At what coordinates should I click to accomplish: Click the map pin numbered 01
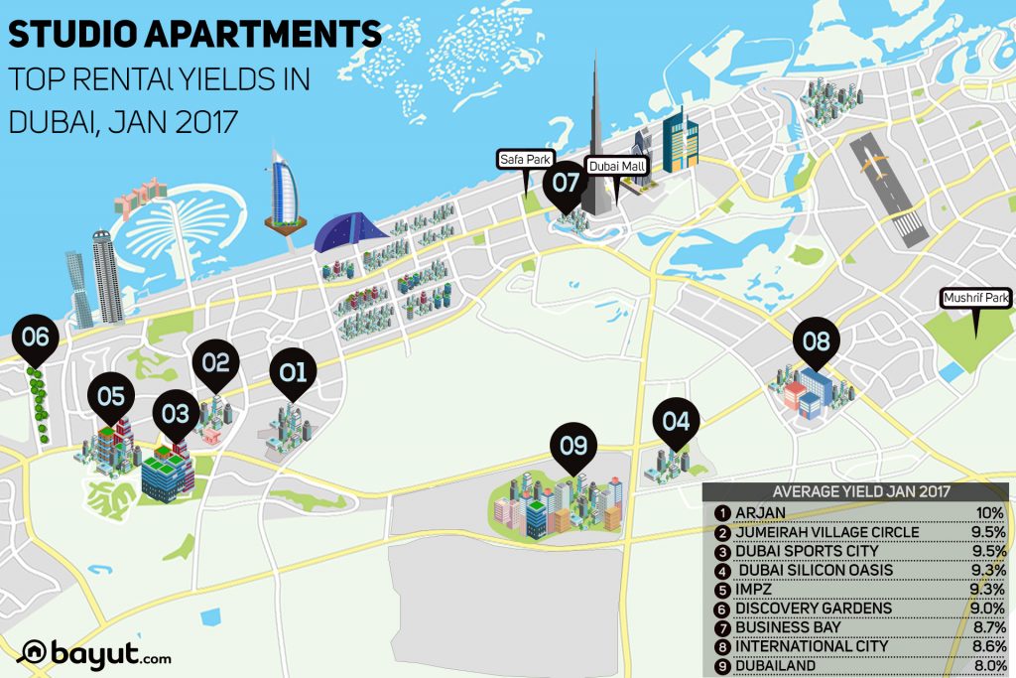[293, 374]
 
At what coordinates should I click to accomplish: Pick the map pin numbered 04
[676, 422]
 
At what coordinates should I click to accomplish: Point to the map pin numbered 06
[36, 339]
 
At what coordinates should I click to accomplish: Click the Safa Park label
[524, 159]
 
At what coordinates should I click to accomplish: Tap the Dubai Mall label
[616, 167]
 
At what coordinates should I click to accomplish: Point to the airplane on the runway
[875, 162]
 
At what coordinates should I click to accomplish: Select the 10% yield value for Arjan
[989, 513]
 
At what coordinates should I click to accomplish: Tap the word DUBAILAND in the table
[776, 664]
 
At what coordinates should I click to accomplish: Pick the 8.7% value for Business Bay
[987, 626]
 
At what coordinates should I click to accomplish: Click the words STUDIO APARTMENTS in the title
[194, 35]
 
